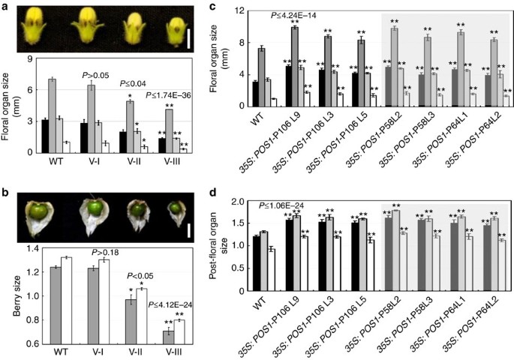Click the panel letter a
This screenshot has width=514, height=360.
pos(5,7)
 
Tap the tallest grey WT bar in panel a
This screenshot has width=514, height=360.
pos(52,115)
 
